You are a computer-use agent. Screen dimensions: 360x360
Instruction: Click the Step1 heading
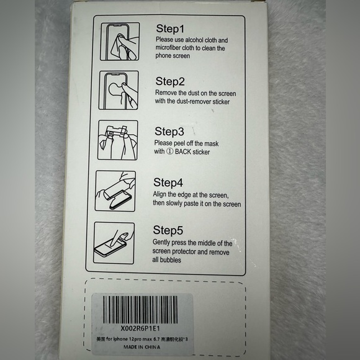169,29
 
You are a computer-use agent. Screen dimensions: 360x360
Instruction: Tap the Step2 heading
170,81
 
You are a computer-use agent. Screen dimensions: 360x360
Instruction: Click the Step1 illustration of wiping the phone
119,40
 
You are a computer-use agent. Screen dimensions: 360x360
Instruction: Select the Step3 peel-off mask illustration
119,142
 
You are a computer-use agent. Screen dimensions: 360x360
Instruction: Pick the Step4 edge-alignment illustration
116,191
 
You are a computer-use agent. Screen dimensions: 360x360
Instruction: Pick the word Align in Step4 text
161,195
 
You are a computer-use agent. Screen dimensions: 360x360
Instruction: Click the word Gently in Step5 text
163,243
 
